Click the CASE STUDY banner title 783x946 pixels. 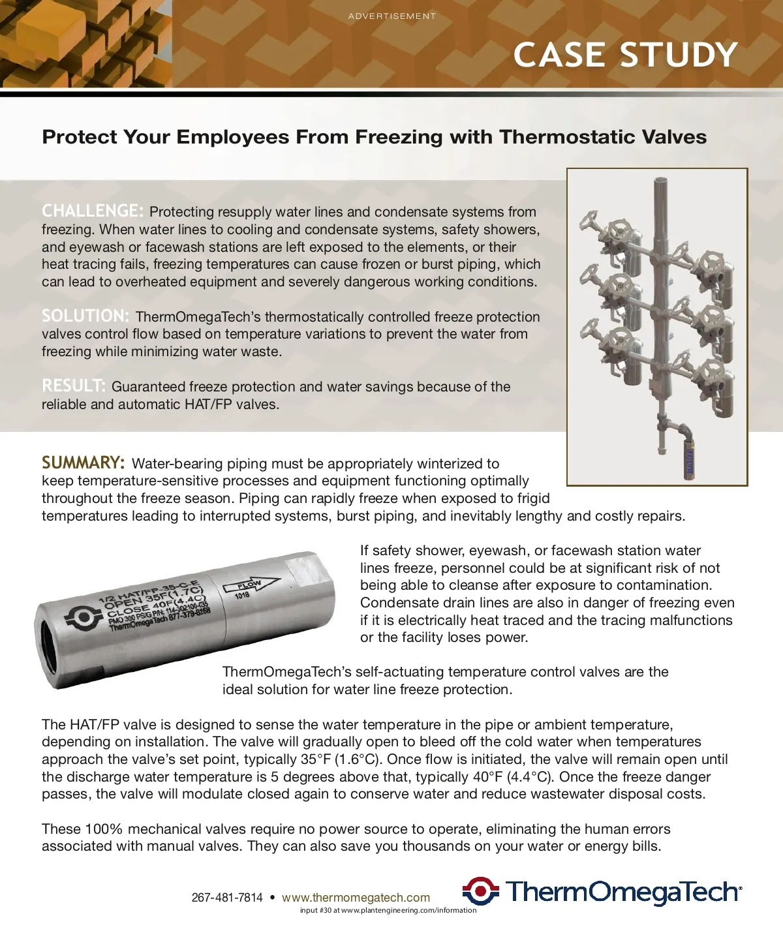pyautogui.click(x=625, y=55)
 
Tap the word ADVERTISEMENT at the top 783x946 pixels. pyautogui.click(x=392, y=16)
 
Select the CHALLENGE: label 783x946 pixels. pyautogui.click(x=92, y=211)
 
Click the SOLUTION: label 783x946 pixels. pyautogui.click(x=85, y=316)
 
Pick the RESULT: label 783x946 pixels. pyautogui.click(x=73, y=386)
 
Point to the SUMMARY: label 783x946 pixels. pyautogui.click(x=83, y=463)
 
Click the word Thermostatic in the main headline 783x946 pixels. pyautogui.click(x=556, y=137)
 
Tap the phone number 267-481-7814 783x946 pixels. pyautogui.click(x=227, y=898)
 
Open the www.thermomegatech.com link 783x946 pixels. pyautogui.click(x=356, y=898)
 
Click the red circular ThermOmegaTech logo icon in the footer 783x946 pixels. pyautogui.click(x=481, y=891)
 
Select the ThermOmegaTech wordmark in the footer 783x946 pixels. pyautogui.click(x=623, y=892)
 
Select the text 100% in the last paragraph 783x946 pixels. pyautogui.click(x=104, y=829)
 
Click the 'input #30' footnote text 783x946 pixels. pyautogui.click(x=388, y=910)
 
